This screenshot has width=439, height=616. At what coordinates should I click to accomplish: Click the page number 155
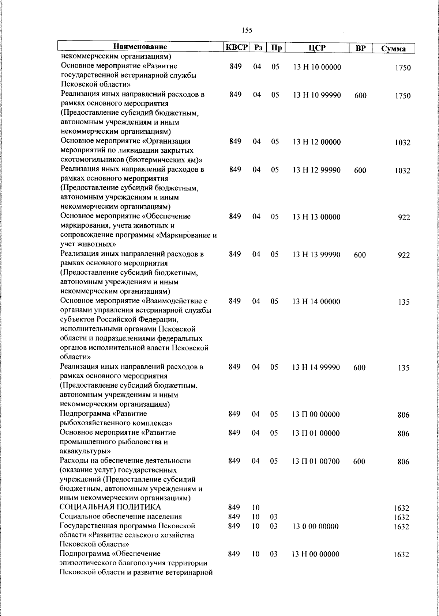[247, 30]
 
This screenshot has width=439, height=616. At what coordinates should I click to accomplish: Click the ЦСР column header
[317, 48]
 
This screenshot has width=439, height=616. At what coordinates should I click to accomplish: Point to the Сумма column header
[393, 49]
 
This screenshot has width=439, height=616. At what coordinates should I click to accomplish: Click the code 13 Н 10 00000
[317, 68]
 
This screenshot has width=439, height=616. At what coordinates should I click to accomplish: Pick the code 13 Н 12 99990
[317, 170]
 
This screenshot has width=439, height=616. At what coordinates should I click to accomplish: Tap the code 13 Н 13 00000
[316, 217]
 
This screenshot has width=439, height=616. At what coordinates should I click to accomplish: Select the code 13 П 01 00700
[316, 461]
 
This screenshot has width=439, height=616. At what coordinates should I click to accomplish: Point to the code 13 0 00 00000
[315, 526]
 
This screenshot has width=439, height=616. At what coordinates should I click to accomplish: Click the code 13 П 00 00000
[316, 415]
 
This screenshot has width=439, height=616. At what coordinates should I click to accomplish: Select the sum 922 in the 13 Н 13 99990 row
[404, 255]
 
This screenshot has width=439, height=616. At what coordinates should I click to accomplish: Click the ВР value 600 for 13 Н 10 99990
[360, 96]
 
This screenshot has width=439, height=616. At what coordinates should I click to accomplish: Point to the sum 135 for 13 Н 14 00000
[404, 302]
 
